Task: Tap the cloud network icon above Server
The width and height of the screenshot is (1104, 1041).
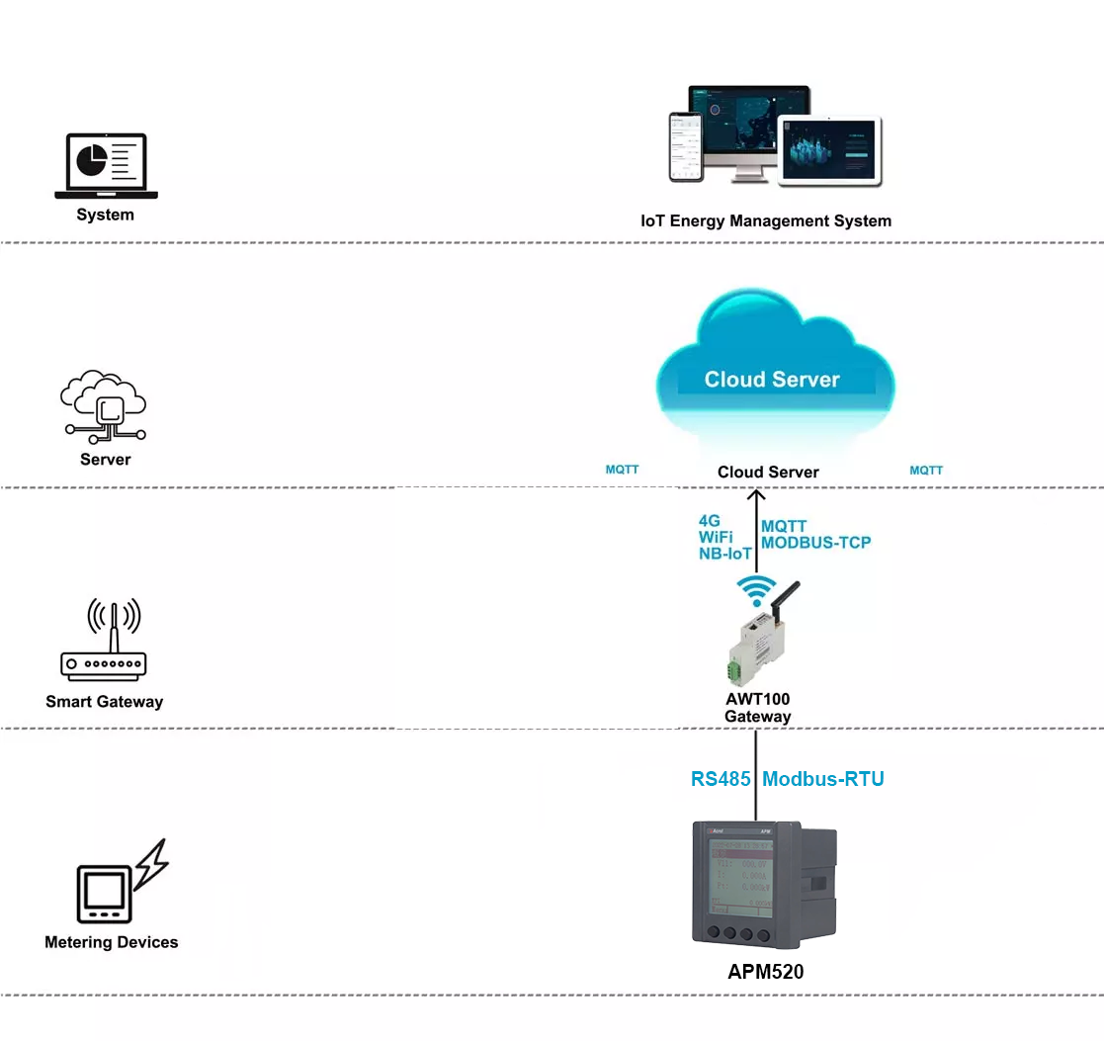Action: click(105, 406)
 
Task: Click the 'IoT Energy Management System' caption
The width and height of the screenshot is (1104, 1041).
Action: click(766, 221)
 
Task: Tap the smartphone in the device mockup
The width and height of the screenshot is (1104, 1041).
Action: click(685, 146)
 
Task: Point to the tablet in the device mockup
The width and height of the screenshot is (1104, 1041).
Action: click(829, 150)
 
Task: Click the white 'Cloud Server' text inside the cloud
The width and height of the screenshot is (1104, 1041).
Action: click(772, 380)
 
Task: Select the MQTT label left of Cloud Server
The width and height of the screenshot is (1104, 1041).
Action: click(622, 471)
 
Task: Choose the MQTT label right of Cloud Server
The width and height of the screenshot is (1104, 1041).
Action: click(926, 471)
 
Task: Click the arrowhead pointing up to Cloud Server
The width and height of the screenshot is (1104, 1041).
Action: click(756, 496)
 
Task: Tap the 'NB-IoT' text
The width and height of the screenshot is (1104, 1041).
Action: click(724, 554)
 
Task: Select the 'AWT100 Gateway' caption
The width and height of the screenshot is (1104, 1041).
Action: click(757, 707)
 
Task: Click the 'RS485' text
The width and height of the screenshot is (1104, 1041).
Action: click(720, 779)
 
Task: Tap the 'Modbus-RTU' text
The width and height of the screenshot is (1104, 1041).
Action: click(823, 779)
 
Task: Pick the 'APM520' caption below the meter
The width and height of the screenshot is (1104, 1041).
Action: click(765, 972)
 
